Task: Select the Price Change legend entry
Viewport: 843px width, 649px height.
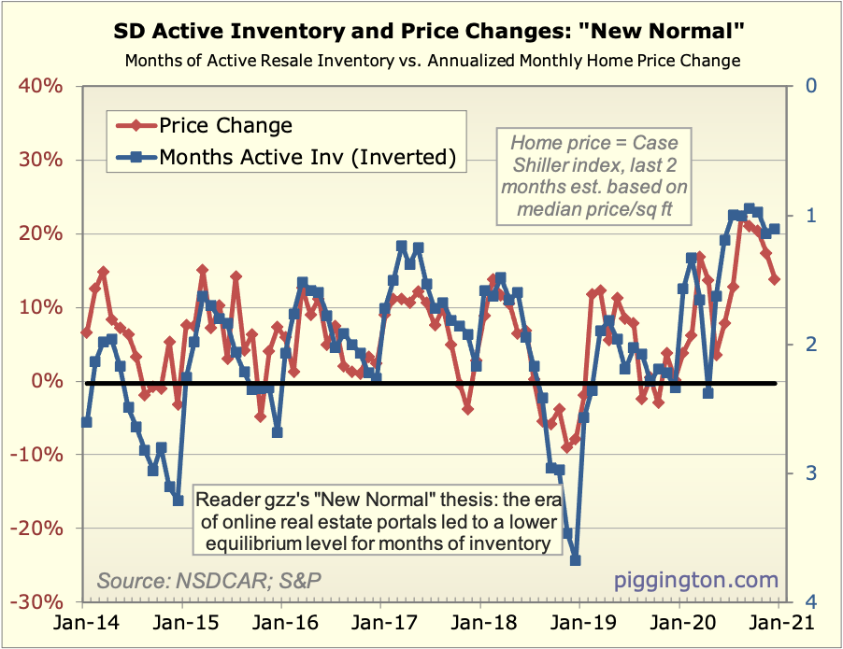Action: point(225,125)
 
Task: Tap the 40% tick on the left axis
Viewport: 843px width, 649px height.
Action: point(39,86)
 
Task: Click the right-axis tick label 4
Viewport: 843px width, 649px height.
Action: point(814,602)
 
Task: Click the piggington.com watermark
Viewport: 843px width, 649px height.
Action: point(695,581)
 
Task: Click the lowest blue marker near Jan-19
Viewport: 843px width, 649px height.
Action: point(575,560)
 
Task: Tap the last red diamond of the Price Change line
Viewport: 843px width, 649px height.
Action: point(775,278)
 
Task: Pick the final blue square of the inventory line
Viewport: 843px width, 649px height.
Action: point(775,229)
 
